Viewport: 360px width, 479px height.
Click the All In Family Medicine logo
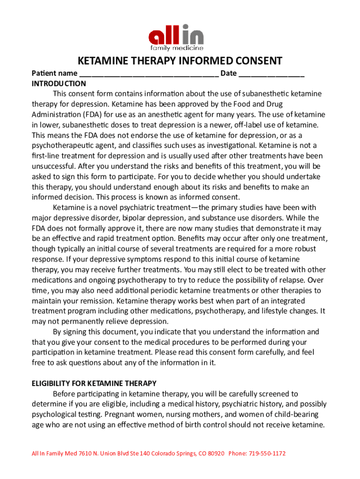[x=176, y=37]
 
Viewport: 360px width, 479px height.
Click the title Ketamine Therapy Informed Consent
[x=180, y=61]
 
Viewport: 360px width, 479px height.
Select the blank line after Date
[x=272, y=73]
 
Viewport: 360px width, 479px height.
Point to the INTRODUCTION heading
[x=58, y=84]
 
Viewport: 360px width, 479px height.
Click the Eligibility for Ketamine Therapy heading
[x=94, y=384]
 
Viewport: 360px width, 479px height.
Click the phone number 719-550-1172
[x=266, y=454]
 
